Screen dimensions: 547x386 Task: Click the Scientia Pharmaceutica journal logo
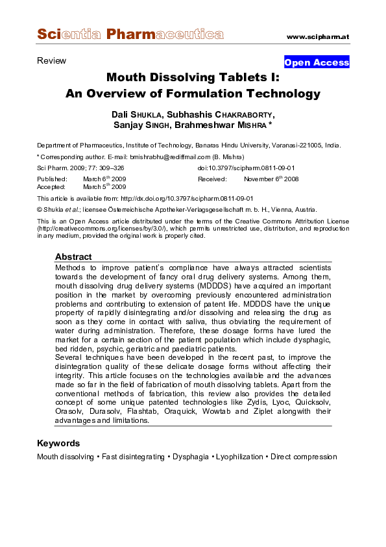click(x=130, y=34)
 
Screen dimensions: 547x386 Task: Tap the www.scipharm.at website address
click(x=317, y=36)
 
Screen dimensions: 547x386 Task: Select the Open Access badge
click(x=317, y=62)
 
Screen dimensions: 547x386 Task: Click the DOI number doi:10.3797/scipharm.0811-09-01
click(x=246, y=168)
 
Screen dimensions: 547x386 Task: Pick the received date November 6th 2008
click(x=271, y=178)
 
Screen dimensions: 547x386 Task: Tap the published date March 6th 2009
click(x=104, y=178)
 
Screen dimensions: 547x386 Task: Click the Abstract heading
click(x=73, y=257)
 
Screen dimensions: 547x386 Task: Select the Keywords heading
click(x=58, y=443)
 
